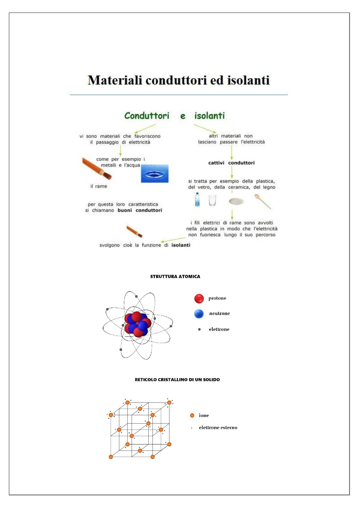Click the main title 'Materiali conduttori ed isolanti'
[x=179, y=80]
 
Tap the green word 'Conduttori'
[x=147, y=116]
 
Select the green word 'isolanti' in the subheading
[x=209, y=116]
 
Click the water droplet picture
[x=154, y=173]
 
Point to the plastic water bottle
[x=197, y=199]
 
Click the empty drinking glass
[x=212, y=200]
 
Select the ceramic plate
[x=236, y=201]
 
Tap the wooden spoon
[x=262, y=201]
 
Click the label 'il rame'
[x=99, y=186]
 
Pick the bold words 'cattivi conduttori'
[x=231, y=163]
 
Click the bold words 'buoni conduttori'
[x=140, y=210]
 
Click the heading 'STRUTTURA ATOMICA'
[x=175, y=276]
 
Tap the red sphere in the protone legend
[x=199, y=298]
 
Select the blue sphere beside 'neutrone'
[x=199, y=314]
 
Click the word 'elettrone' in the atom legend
[x=219, y=329]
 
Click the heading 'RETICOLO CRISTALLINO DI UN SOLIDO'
[x=177, y=380]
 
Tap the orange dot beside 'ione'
[x=192, y=416]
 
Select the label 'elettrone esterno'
[x=218, y=427]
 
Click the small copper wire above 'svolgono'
[x=134, y=231]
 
